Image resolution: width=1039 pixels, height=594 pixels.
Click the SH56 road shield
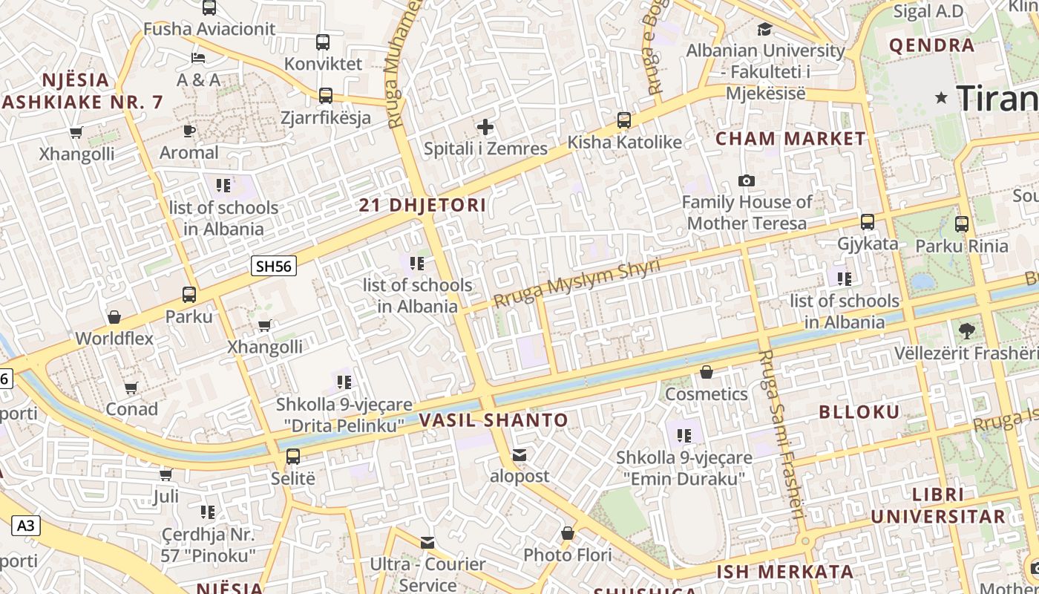tap(274, 266)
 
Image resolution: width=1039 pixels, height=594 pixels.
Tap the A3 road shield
tap(25, 526)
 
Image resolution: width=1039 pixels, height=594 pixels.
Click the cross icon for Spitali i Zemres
tap(485, 127)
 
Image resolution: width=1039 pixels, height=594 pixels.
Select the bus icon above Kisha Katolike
tap(624, 120)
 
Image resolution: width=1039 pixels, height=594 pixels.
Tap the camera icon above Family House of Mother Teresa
tap(747, 180)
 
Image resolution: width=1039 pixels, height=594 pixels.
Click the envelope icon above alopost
tap(519, 454)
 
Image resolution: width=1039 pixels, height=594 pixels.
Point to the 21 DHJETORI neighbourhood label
tap(423, 206)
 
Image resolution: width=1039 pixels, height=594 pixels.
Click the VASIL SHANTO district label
tap(494, 420)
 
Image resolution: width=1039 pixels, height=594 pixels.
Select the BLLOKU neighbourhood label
tap(859, 412)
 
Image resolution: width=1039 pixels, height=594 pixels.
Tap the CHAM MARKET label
tap(790, 139)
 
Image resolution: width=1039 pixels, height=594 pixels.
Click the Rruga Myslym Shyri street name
tap(577, 284)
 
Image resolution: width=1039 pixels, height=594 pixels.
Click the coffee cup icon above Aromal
tap(189, 131)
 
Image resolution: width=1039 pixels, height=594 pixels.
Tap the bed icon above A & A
tap(197, 57)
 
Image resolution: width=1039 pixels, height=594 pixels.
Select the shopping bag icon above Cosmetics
tap(707, 371)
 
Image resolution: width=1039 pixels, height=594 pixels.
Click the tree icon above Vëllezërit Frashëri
tap(966, 330)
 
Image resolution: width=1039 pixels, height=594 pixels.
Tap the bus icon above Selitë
tap(293, 456)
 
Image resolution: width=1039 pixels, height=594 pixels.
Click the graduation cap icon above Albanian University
tap(764, 29)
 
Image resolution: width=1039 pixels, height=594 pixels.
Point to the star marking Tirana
tap(943, 97)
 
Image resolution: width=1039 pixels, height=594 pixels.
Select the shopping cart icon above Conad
tap(131, 387)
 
